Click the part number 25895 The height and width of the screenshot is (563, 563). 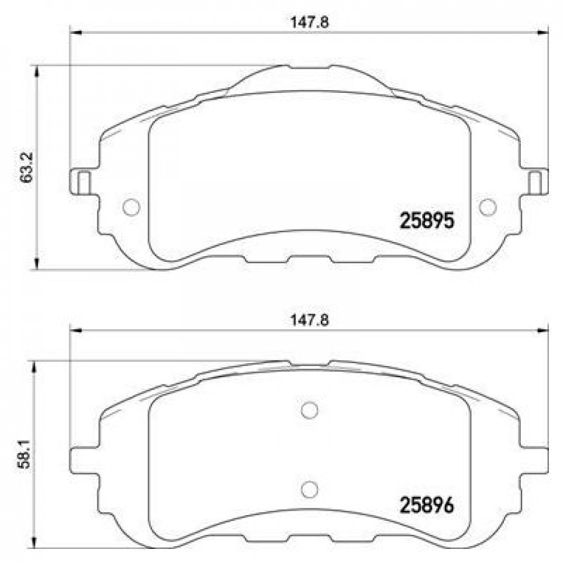tap(427, 221)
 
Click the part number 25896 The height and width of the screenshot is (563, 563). tap(427, 505)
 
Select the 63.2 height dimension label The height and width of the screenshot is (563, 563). tap(26, 168)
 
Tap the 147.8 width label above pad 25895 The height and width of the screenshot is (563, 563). tap(310, 23)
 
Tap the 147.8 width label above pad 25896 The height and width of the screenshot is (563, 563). tap(310, 320)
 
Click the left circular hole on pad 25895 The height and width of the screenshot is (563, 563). tap(131, 207)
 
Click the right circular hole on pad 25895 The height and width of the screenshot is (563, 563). tap(488, 207)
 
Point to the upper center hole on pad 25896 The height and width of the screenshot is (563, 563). tap(309, 410)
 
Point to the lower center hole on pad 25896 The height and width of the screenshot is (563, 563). tap(309, 489)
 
